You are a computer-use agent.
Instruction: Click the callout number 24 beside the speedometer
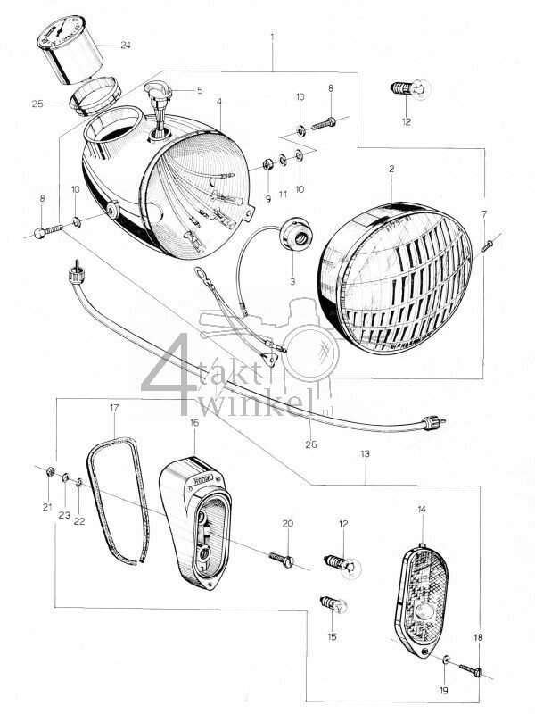click(124, 45)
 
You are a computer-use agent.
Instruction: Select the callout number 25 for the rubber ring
click(37, 104)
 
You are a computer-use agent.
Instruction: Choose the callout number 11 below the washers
click(283, 195)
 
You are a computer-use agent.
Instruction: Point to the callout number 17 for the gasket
click(113, 407)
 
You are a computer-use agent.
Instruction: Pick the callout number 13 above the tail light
click(366, 453)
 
